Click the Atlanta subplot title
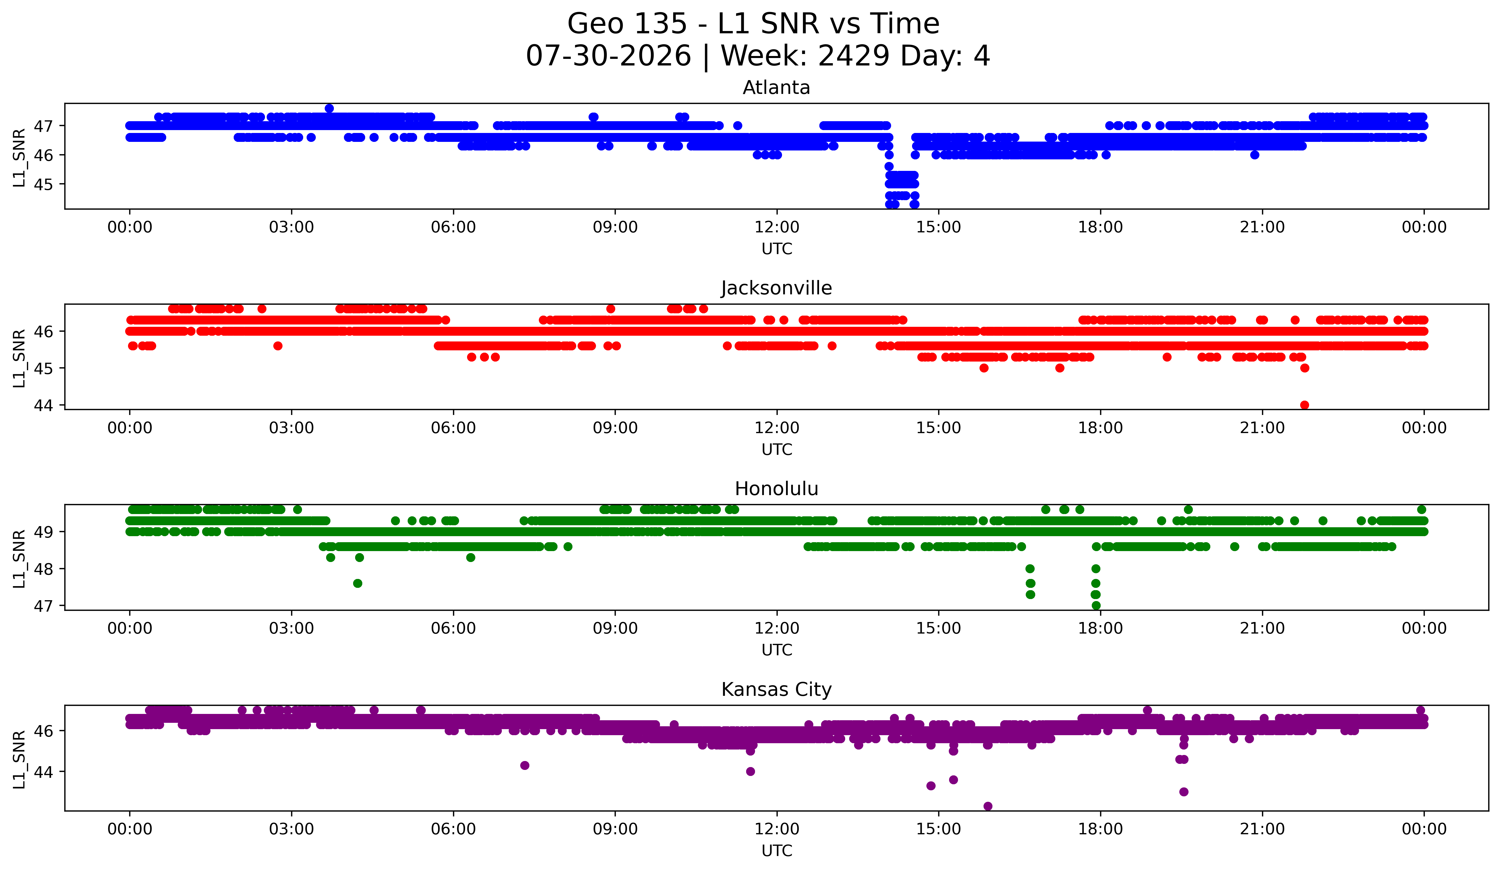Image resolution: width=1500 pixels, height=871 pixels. (x=776, y=88)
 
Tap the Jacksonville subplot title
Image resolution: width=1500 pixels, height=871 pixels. (x=776, y=288)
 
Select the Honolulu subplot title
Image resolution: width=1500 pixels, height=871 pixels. (x=776, y=489)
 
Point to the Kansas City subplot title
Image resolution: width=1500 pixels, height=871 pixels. (x=776, y=690)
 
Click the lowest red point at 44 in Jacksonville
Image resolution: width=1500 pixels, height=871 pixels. (x=1304, y=405)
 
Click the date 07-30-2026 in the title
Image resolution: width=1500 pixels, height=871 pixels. (x=608, y=56)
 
